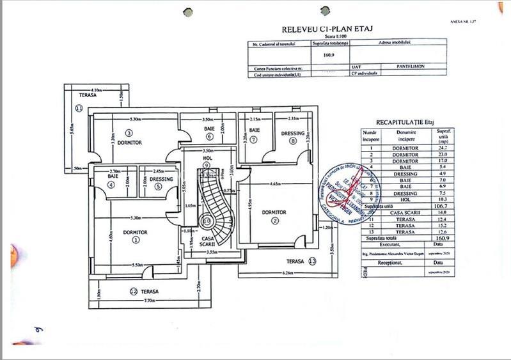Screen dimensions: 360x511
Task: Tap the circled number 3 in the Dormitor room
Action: coord(129,133)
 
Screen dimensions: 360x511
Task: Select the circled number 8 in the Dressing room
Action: coord(293,141)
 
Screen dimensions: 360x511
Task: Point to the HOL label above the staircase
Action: coord(207,157)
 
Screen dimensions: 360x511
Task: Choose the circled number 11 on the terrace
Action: coord(79,109)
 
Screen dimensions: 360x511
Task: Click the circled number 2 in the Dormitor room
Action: coord(275,221)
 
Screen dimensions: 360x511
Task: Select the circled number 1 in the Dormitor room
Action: coord(135,240)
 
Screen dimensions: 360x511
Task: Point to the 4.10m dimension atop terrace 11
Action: coord(96,90)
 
